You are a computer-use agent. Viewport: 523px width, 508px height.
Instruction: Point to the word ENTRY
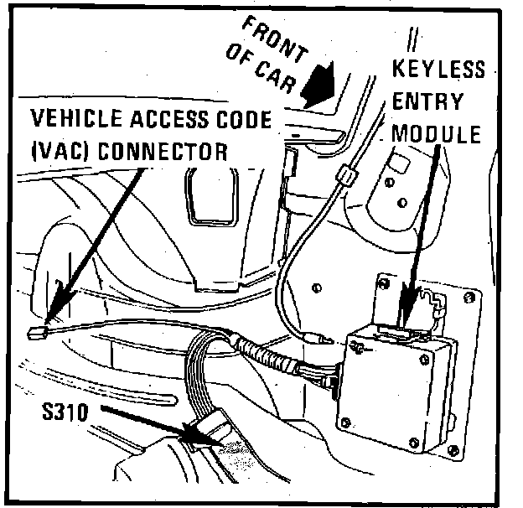(x=427, y=101)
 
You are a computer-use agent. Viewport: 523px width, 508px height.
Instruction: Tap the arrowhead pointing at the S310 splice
(x=196, y=432)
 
